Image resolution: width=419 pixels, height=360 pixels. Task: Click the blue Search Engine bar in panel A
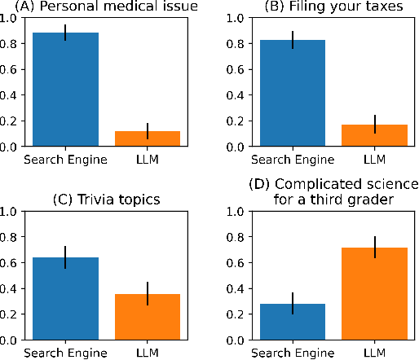65,90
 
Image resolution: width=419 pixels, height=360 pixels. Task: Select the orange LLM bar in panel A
148,138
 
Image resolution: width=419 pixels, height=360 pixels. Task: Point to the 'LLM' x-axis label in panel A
148,159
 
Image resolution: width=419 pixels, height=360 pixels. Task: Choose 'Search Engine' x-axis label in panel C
65,352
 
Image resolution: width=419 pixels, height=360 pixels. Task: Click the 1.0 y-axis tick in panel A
11,18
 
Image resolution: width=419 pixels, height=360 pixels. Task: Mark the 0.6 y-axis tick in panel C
11,262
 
